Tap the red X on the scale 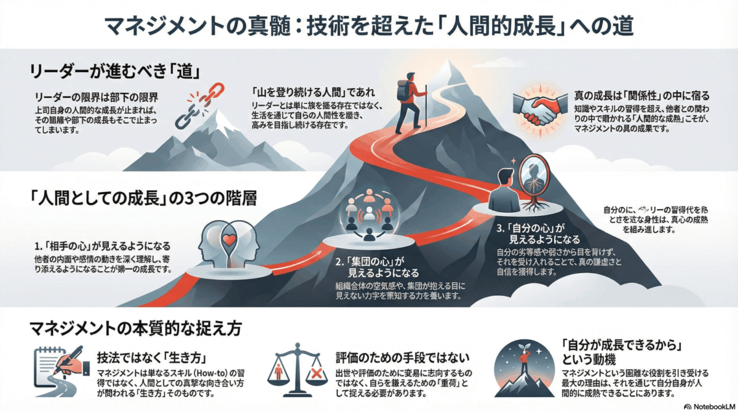click(317, 373)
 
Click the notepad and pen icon click(60, 366)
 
